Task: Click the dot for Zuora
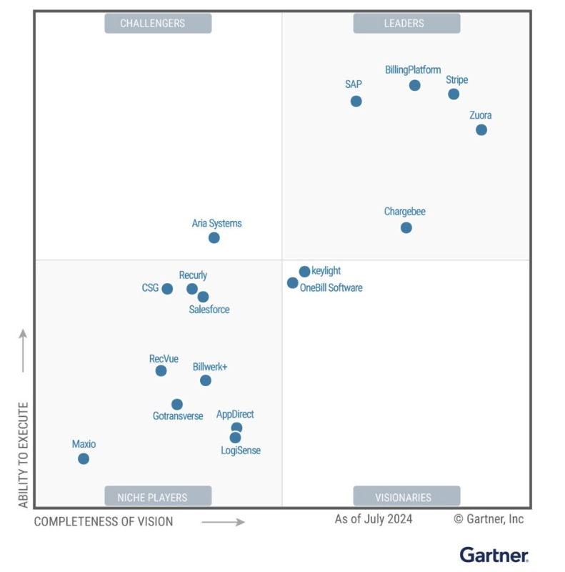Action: [481, 129]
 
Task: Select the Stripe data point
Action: [454, 94]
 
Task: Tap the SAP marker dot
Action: [356, 101]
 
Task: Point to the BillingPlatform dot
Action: [414, 85]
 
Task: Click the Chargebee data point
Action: [406, 227]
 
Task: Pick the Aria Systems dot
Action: [214, 237]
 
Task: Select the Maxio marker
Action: [84, 458]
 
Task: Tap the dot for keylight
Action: [304, 271]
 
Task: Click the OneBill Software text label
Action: [331, 288]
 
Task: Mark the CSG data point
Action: [167, 289]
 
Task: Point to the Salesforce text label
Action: [209, 310]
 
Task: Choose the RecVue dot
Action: [161, 370]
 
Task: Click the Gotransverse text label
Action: [178, 416]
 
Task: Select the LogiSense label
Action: [241, 450]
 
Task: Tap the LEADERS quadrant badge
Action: [406, 24]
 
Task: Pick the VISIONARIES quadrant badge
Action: [406, 497]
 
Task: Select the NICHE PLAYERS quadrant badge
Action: [158, 497]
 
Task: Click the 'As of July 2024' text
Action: [374, 519]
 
